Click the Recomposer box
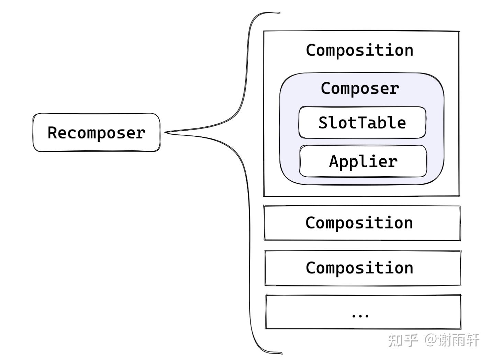point(96,133)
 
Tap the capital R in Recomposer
point(52,133)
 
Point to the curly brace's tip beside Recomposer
point(166,132)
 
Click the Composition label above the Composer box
point(359,50)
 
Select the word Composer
point(360,89)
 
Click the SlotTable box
point(362,123)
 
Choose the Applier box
point(363,161)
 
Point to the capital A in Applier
point(334,161)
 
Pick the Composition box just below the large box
point(362,223)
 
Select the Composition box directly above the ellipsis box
point(362,268)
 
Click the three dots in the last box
point(360,315)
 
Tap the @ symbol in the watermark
point(430,340)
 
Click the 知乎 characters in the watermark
point(403,340)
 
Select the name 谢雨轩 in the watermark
point(459,340)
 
